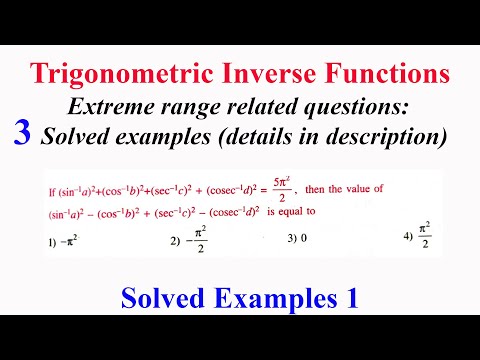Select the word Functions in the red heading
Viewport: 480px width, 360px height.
[x=389, y=74]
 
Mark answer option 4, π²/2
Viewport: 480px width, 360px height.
[x=412, y=238]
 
